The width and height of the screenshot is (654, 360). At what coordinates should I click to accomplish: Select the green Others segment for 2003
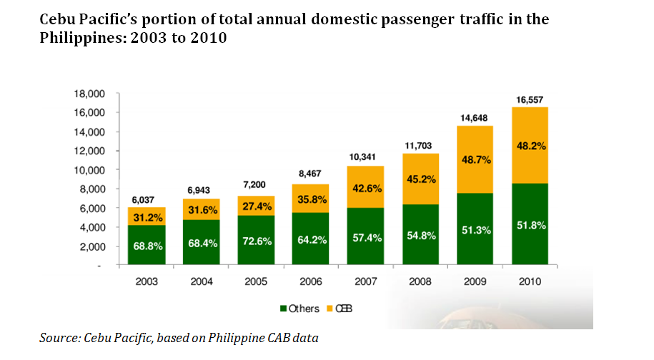pos(147,245)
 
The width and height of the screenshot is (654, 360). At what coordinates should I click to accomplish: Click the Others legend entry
pos(300,309)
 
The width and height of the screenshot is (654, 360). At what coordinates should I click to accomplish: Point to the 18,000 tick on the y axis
pos(89,94)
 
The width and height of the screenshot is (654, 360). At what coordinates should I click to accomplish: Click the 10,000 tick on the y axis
pos(89,170)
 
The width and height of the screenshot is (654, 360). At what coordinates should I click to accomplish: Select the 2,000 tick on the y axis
pos(91,246)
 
